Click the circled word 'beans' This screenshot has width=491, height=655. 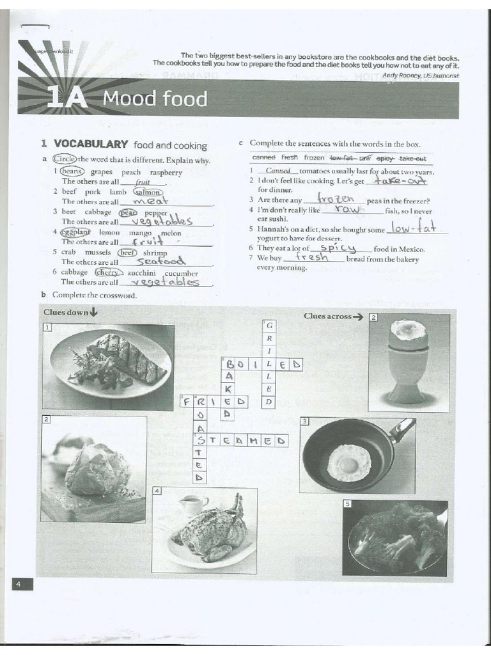click(72, 171)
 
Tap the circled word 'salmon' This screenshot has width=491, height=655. click(148, 191)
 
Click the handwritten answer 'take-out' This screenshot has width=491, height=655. click(400, 181)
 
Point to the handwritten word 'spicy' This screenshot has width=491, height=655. click(338, 248)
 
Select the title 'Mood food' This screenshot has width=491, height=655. click(155, 99)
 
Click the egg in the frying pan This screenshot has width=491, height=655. click(348, 462)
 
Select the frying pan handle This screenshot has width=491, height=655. click(403, 428)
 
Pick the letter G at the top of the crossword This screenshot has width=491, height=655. click(270, 326)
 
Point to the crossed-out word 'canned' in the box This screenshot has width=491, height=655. click(263, 157)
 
